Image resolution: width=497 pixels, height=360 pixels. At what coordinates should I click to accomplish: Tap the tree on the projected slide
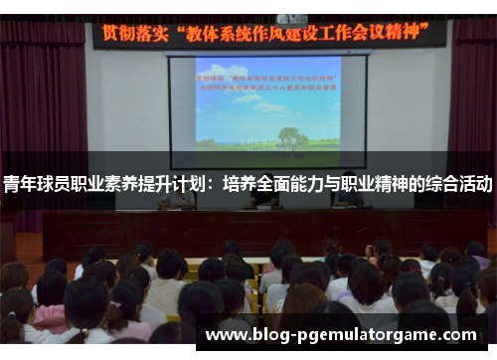pos(290,135)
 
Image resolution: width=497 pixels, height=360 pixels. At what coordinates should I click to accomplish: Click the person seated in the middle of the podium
pos(263,199)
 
